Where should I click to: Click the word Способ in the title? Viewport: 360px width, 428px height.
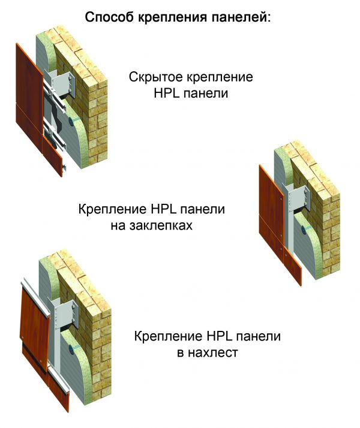coord(109,17)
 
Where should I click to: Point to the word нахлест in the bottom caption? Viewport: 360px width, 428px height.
coord(213,352)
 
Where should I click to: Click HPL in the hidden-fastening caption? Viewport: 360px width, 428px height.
coord(167,94)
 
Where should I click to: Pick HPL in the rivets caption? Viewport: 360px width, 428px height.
coord(163,209)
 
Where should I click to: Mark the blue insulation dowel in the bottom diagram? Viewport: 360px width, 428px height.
coord(73,348)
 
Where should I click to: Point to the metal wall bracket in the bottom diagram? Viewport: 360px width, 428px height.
coord(67,314)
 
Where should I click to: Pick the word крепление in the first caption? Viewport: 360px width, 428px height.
coord(220,77)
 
